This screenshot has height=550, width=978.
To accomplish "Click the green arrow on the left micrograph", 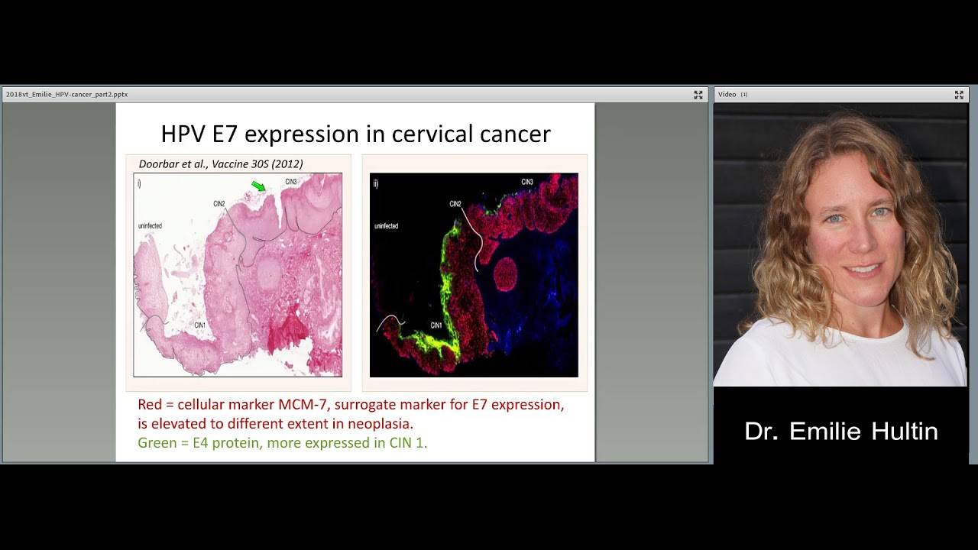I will click(x=258, y=186).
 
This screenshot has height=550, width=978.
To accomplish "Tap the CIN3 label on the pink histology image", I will click(x=291, y=182).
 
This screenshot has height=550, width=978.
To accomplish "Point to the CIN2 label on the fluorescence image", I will click(x=455, y=204).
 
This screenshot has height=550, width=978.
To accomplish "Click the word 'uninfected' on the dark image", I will click(x=386, y=226).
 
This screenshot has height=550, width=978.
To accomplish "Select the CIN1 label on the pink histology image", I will click(x=200, y=325).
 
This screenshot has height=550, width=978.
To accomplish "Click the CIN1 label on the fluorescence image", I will click(x=436, y=325).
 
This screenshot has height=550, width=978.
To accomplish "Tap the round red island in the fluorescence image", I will click(x=506, y=274).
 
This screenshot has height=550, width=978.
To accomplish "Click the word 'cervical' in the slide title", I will click(x=433, y=134).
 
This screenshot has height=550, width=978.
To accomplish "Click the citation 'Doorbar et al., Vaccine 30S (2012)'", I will click(x=221, y=163).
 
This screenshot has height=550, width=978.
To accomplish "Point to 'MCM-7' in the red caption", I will click(x=304, y=404).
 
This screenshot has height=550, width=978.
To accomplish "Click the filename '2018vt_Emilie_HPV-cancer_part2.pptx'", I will click(x=66, y=95).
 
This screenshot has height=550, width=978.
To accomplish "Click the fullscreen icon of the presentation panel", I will click(x=698, y=95).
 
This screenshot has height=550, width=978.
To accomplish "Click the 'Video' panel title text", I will click(x=727, y=95).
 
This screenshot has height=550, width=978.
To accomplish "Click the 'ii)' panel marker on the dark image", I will click(x=375, y=183).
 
